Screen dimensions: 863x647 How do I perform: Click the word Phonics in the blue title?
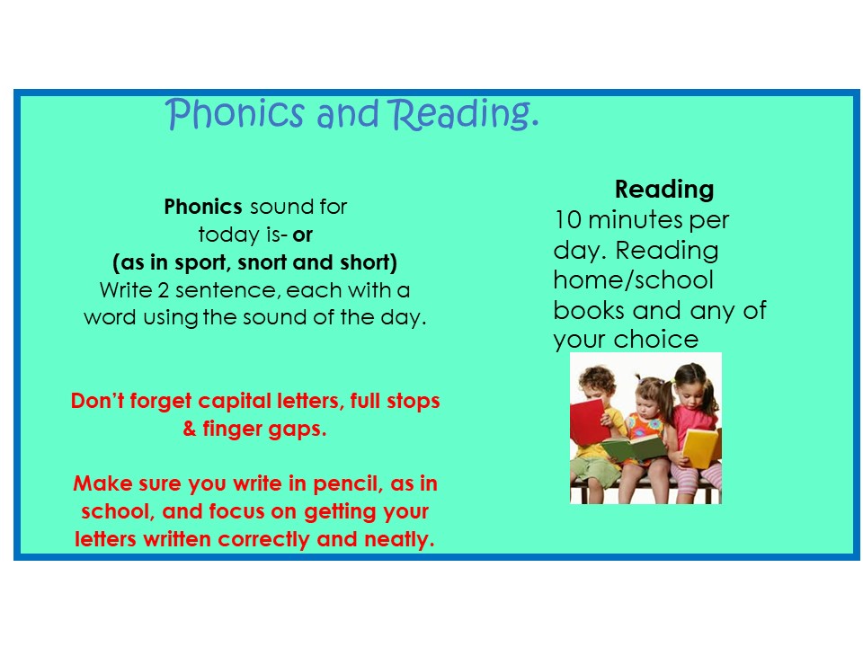pos(235,114)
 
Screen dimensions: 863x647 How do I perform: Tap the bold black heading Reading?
pos(664,190)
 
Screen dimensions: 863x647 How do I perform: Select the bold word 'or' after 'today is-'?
pos(302,235)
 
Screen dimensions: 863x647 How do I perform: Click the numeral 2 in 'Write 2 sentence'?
pos(163,290)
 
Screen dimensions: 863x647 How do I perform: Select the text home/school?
pos(634,280)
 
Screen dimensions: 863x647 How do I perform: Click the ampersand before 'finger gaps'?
pos(190,429)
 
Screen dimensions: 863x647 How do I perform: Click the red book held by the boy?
pos(587,421)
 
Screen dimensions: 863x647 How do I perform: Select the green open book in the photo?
pos(634,448)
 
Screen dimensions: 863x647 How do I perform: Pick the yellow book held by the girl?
pos(701,448)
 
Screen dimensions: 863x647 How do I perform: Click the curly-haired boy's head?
pos(597,383)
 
